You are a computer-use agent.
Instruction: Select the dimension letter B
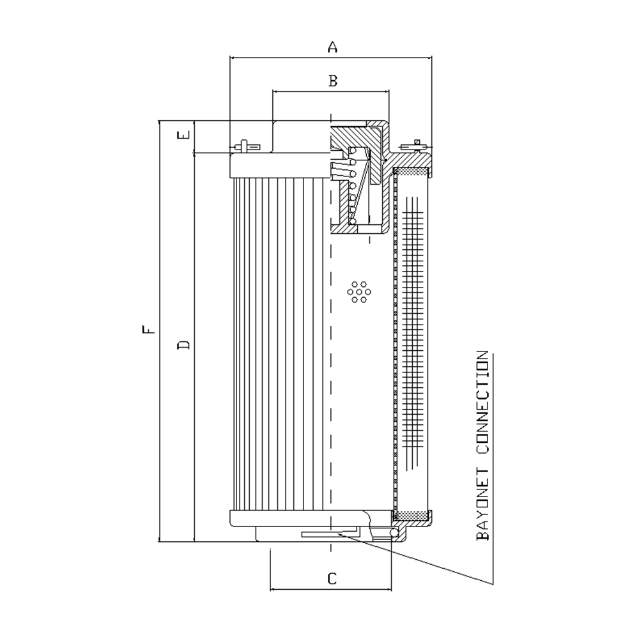point(333,81)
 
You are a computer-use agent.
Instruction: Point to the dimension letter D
point(184,345)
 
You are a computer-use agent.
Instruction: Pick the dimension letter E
point(184,135)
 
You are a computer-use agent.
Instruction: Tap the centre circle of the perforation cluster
point(359,292)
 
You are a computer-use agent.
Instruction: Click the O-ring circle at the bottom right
point(394,533)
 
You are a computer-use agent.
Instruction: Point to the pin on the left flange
point(244,146)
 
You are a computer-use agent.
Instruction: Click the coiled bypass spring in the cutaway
point(352,186)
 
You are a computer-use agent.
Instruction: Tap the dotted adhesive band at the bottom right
point(412,516)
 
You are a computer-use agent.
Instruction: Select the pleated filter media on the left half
point(281,344)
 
